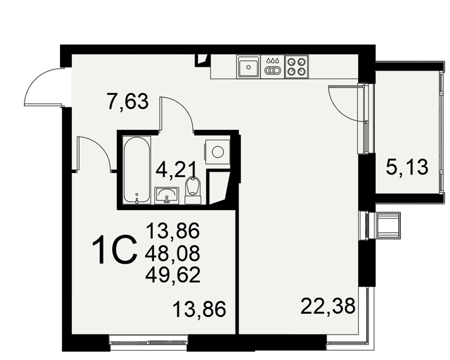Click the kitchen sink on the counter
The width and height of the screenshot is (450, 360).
click(x=248, y=67)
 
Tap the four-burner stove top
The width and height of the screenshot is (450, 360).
click(x=297, y=67)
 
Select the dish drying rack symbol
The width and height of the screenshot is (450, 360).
click(x=272, y=67)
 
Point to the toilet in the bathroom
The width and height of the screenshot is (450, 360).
click(x=193, y=191)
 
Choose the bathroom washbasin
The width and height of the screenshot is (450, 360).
click(x=167, y=195)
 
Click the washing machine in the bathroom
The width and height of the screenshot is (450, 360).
click(x=217, y=152)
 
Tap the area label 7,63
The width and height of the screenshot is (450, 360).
click(x=127, y=101)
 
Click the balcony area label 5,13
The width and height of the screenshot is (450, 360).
click(x=407, y=167)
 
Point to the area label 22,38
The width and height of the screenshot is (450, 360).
click(x=328, y=306)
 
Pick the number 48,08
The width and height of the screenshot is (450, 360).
click(x=172, y=254)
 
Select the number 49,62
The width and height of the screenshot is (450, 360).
click(x=173, y=275)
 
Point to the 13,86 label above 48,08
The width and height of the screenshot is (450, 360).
click(x=173, y=231)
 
